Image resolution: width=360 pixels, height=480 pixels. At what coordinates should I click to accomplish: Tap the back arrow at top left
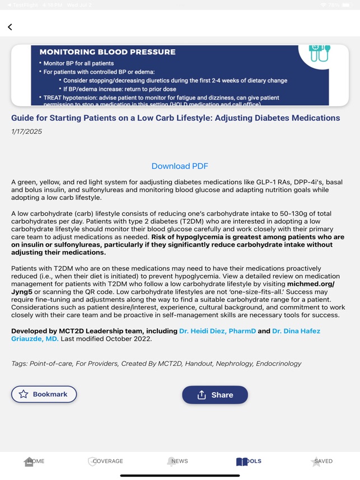(x=10, y=27)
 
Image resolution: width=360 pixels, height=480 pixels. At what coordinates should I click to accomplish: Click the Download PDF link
(x=180, y=166)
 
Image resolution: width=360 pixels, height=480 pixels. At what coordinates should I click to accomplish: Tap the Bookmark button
(x=44, y=394)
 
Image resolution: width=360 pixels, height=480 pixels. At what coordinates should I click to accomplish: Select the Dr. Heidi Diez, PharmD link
(x=217, y=331)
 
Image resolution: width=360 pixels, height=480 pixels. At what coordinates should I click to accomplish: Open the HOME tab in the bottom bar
(x=34, y=462)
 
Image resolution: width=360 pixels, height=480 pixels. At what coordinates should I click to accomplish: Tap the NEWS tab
(x=177, y=462)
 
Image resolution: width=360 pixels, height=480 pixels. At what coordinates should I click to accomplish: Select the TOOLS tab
(x=249, y=462)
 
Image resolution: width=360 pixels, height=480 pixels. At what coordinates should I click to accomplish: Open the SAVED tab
(x=321, y=462)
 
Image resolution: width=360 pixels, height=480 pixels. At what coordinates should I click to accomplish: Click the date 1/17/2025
(x=26, y=132)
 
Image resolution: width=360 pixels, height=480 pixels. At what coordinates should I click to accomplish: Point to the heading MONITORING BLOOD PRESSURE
(x=107, y=52)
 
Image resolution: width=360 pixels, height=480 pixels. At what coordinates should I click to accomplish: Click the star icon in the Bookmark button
(x=24, y=394)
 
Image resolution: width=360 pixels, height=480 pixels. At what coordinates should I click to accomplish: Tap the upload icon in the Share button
(x=202, y=395)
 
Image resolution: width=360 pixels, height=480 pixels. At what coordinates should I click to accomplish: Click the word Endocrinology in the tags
(x=278, y=364)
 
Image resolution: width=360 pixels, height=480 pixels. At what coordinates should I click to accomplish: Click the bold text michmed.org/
(x=311, y=284)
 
